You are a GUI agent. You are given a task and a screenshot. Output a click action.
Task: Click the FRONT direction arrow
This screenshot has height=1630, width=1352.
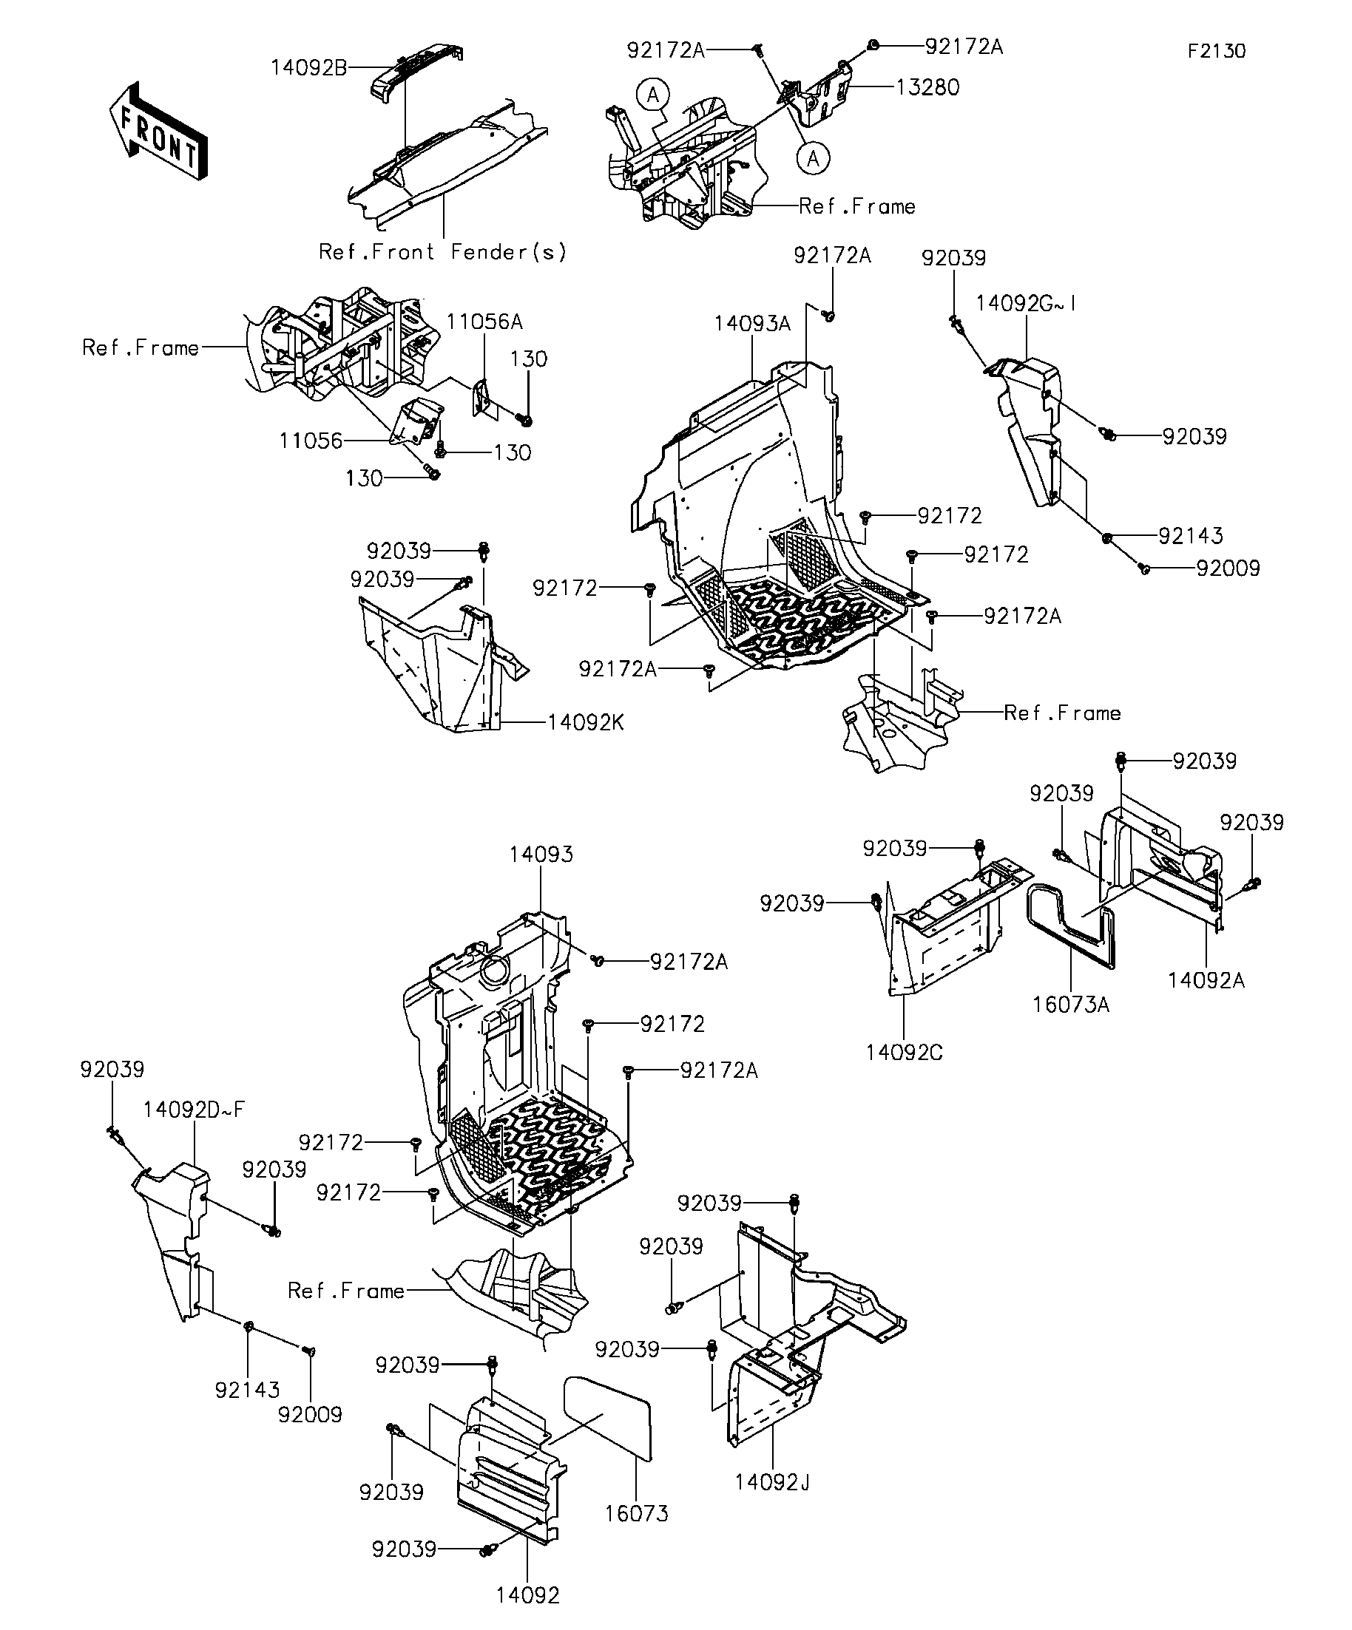coord(158,131)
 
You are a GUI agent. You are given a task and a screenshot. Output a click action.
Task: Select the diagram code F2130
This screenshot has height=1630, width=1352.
coord(1216,51)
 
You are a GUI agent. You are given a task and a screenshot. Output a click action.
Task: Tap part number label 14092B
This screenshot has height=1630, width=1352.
coord(309,67)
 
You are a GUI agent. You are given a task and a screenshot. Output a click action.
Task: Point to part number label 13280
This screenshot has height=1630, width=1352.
coord(927,87)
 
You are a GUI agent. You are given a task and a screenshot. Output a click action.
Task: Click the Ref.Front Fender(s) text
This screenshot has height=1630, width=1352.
coord(442,252)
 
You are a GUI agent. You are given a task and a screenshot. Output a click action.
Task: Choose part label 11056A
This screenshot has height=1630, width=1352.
coord(484,322)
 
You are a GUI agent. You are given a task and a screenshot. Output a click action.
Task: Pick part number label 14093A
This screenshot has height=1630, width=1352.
coord(752,324)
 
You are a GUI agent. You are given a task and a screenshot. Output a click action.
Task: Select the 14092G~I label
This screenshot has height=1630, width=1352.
coord(1026,304)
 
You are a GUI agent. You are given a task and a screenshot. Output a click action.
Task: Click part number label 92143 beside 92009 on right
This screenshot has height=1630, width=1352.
coord(1191,535)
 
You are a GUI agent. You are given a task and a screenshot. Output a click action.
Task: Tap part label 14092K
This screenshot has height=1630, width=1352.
coord(586,723)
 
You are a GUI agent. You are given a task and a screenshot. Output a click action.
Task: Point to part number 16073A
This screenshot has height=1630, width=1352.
coord(1070,1005)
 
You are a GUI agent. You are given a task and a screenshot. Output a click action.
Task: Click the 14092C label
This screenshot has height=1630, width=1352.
coord(905,1053)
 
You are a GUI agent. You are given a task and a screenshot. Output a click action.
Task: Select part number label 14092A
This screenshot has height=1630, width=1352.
coord(1206,980)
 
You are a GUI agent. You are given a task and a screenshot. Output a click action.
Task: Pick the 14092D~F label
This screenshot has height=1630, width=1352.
coord(193,1110)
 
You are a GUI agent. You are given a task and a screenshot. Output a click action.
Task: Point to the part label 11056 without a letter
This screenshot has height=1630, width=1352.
coord(311,441)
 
